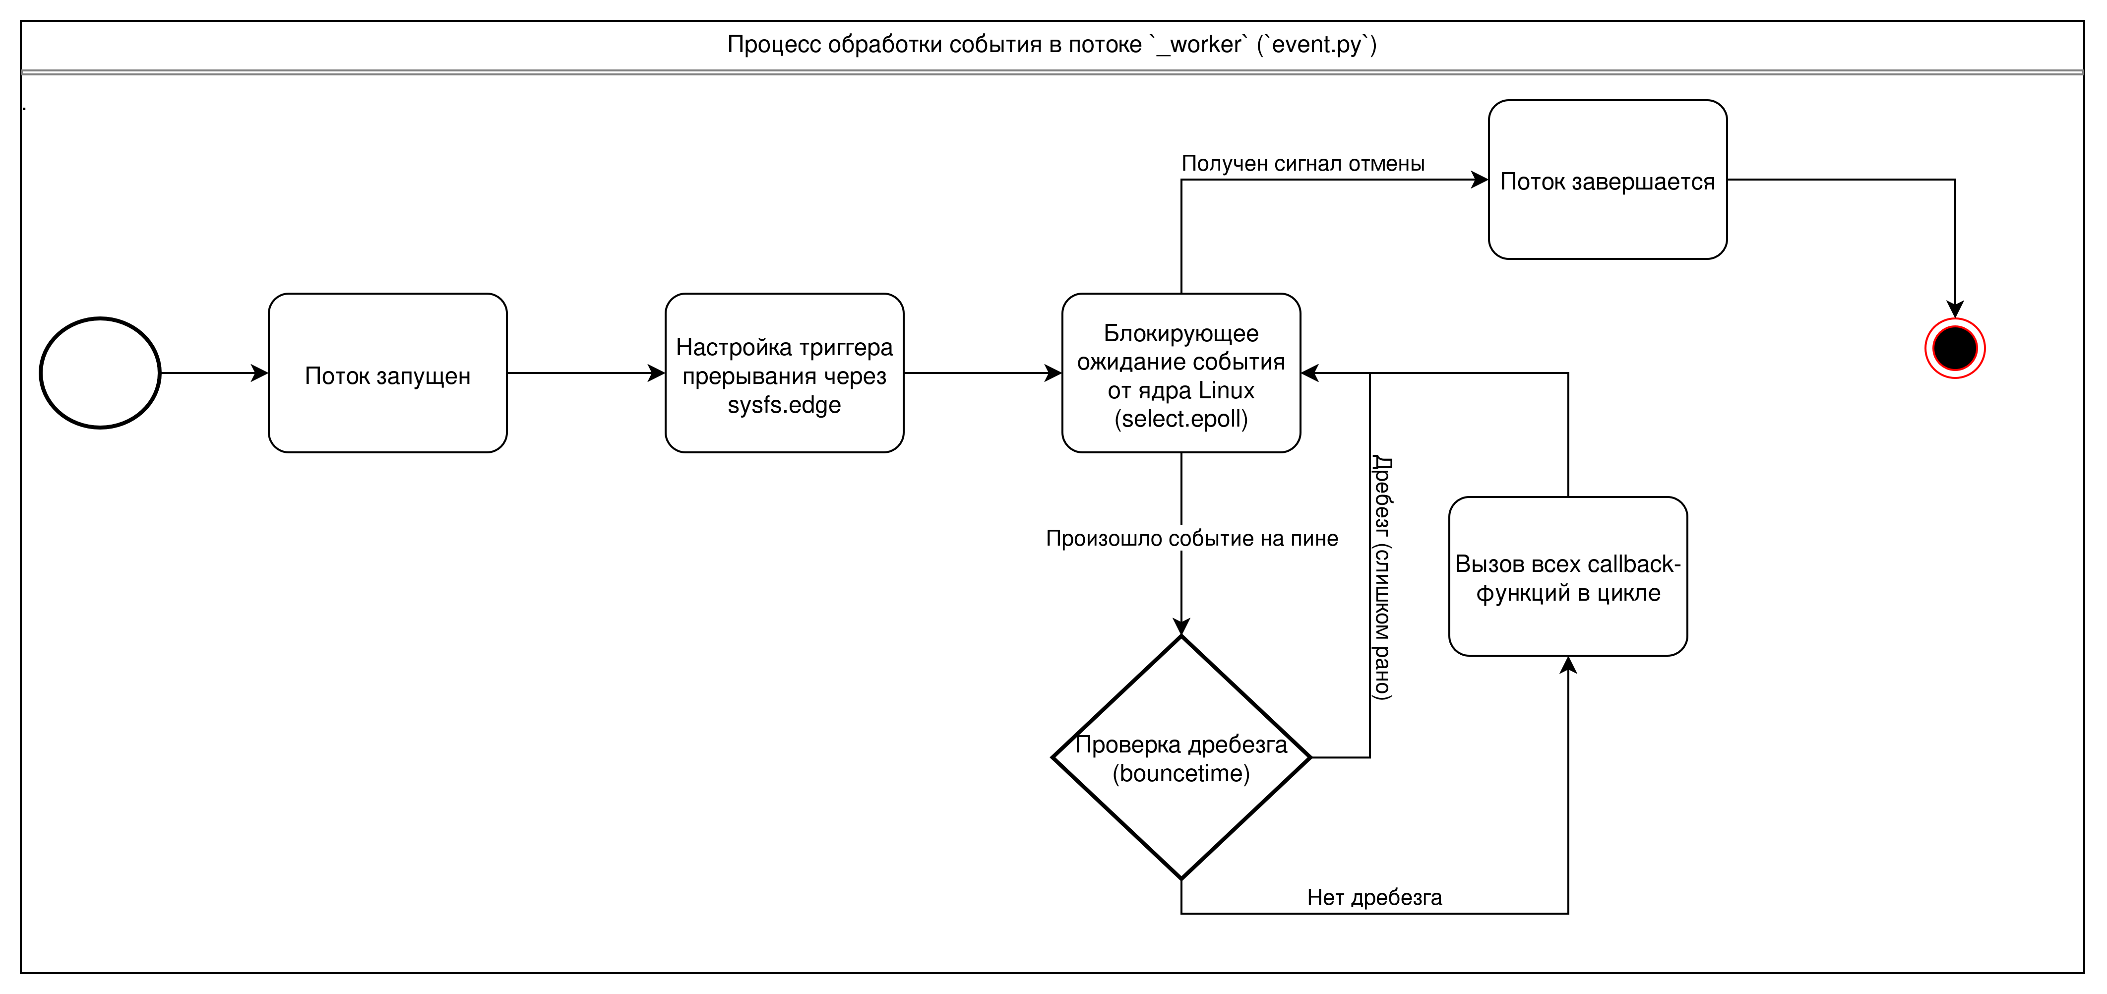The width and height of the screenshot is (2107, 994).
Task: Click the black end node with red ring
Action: [x=1955, y=349]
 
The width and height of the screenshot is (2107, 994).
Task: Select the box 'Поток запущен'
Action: [x=388, y=373]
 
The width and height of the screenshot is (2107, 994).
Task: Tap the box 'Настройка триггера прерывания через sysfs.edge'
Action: [x=784, y=373]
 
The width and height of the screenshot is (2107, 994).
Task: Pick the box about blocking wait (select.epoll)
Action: [x=1181, y=373]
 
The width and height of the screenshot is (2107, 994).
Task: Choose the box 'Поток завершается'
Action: [x=1607, y=180]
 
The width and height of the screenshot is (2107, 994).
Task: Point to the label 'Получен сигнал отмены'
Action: [x=1303, y=164]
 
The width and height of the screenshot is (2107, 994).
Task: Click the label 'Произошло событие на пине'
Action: [x=1192, y=538]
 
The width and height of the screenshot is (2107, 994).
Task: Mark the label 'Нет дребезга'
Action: [x=1374, y=897]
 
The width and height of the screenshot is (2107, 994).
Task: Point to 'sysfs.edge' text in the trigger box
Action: [x=784, y=405]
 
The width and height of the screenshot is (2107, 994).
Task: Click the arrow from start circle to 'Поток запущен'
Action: [x=214, y=373]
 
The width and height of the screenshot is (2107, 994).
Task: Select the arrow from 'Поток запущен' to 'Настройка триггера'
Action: [x=586, y=373]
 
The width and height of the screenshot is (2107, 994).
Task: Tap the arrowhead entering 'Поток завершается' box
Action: [x=1480, y=179]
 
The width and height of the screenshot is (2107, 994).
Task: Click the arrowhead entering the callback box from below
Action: [x=1568, y=665]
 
